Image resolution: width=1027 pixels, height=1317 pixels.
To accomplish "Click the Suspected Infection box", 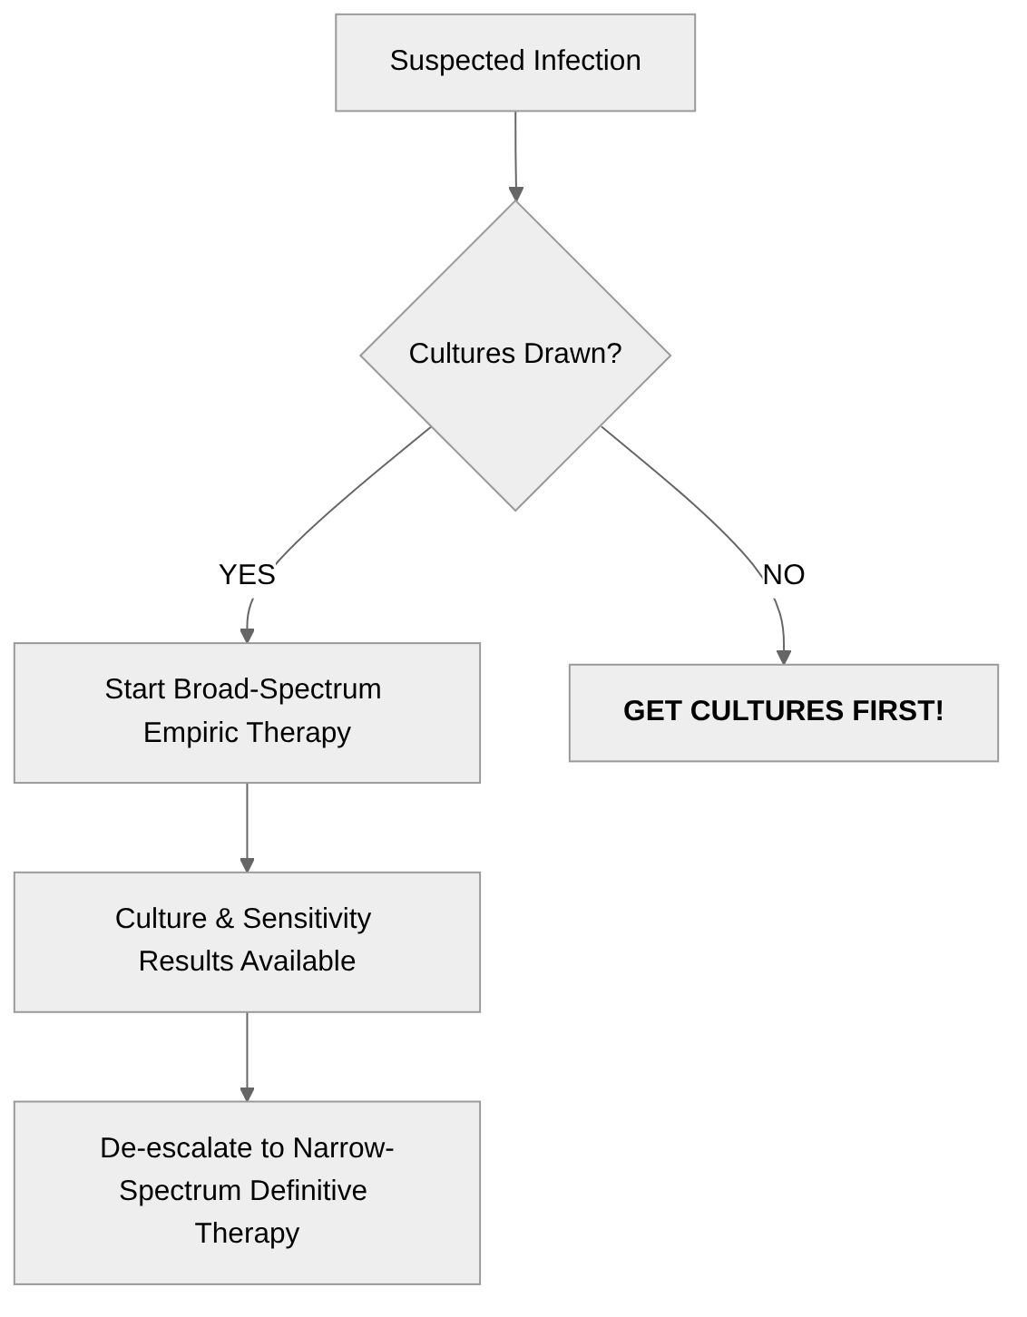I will (x=515, y=63).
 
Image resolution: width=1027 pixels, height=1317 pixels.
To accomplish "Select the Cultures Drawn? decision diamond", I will (x=515, y=355).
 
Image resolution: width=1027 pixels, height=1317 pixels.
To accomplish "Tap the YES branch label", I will (x=247, y=575).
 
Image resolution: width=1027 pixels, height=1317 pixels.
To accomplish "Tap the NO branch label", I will (x=784, y=575).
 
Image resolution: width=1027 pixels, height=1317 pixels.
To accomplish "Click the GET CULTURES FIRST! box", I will (x=783, y=713).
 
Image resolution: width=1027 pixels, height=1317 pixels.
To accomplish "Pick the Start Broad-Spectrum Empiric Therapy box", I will (x=247, y=713).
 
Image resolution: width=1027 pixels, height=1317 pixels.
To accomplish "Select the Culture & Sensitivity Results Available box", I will (x=247, y=941).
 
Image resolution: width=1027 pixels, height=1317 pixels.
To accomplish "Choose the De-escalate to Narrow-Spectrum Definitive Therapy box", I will (x=247, y=1192).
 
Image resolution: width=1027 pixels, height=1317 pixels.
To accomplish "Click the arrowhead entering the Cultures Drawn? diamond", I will (x=516, y=193).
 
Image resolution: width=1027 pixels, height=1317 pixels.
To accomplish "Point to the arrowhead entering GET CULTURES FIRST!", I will (x=784, y=657).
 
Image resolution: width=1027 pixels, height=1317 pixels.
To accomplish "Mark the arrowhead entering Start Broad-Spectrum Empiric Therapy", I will (x=247, y=635).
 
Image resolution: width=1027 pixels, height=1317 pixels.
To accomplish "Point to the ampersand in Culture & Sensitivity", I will (x=224, y=919).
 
